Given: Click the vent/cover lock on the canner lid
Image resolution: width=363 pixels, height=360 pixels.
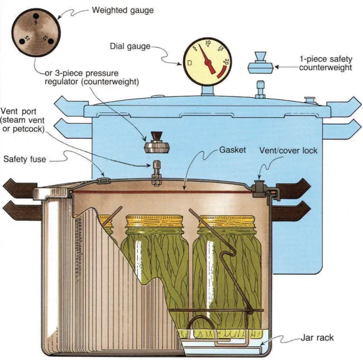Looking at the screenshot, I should (x=260, y=188).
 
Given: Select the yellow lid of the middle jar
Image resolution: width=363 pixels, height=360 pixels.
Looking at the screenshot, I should (x=154, y=221).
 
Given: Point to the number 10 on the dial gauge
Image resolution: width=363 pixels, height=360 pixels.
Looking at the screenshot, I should (x=208, y=43).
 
